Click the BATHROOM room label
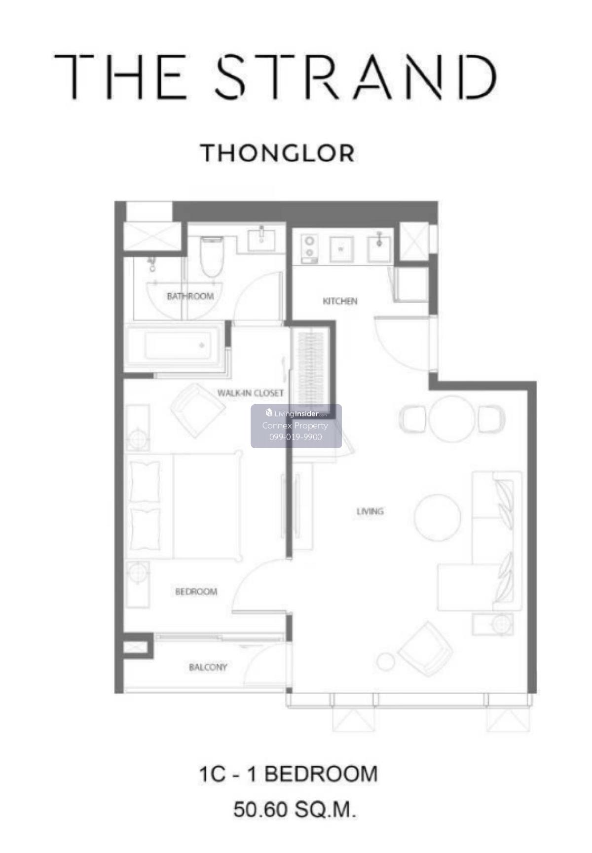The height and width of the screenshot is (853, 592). pyautogui.click(x=190, y=296)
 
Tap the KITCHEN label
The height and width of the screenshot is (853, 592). pyautogui.click(x=340, y=301)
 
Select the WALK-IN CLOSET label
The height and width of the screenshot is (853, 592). pyautogui.click(x=251, y=393)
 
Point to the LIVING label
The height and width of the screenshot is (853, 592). pyautogui.click(x=370, y=511)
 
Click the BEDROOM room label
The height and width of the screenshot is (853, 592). pyautogui.click(x=196, y=591)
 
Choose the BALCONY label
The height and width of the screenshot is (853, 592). pyautogui.click(x=208, y=667)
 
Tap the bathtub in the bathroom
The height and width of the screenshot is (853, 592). pyautogui.click(x=176, y=346)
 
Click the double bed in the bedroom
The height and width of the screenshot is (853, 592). pyautogui.click(x=185, y=506)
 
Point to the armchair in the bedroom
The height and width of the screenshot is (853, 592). pyautogui.click(x=198, y=410)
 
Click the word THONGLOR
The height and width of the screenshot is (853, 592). pyautogui.click(x=278, y=153)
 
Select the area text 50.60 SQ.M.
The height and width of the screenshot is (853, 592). pyautogui.click(x=295, y=810)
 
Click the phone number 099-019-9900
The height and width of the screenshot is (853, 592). pyautogui.click(x=296, y=437)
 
